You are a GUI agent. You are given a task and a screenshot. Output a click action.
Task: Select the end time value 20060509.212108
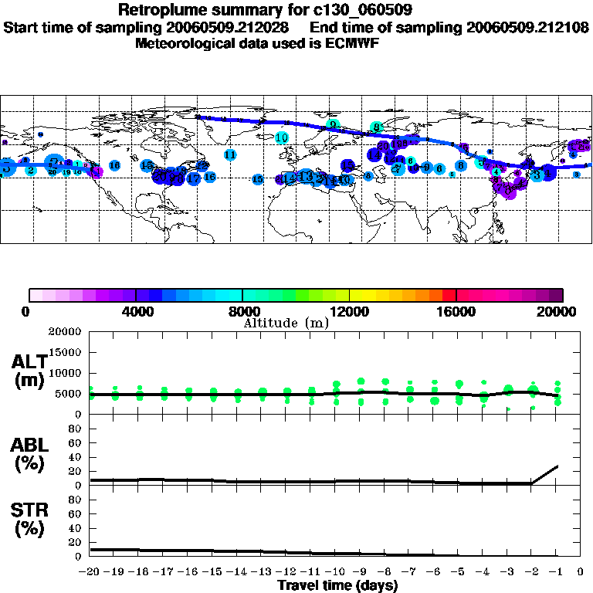pos(528,27)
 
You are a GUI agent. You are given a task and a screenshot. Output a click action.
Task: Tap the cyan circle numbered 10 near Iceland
pos(282,137)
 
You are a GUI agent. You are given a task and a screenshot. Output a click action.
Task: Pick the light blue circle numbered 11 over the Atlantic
pos(230,154)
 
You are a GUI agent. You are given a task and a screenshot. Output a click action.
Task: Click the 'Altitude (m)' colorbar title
pos(286,323)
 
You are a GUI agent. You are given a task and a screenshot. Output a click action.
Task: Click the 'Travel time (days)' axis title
pos(337,586)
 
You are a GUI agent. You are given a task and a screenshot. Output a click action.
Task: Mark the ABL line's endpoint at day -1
pos(557,466)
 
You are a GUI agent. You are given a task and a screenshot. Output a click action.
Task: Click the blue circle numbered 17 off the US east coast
pos(194,178)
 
